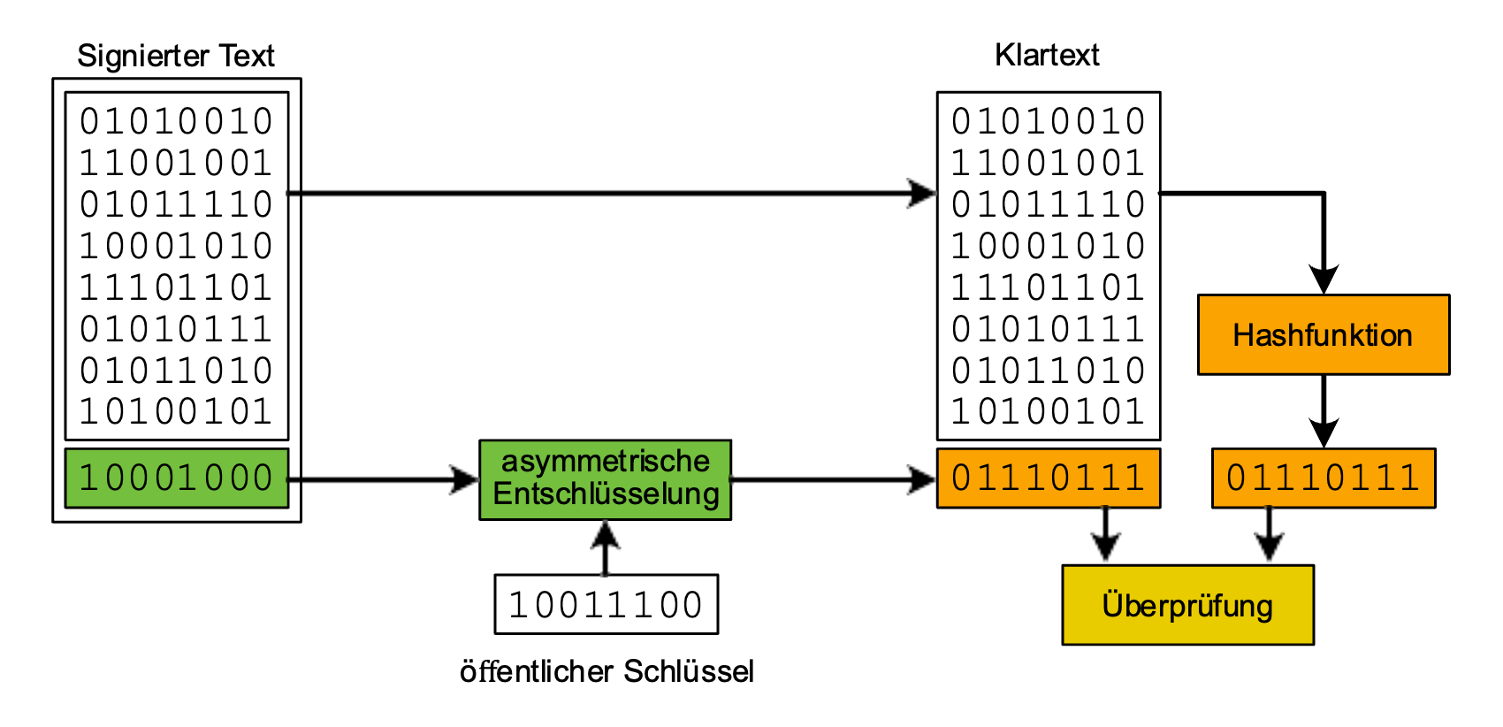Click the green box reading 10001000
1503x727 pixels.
click(177, 478)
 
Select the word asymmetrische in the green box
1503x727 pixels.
click(605, 461)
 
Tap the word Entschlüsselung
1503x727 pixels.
click(606, 494)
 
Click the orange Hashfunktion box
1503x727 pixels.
click(1323, 335)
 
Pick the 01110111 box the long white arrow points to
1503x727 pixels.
click(1048, 478)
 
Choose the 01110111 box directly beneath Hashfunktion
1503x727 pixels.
click(1323, 478)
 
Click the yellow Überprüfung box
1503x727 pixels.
click(1187, 606)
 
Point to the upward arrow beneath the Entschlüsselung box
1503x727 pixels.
click(605, 548)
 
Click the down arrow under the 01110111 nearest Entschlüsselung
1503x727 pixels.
click(1105, 535)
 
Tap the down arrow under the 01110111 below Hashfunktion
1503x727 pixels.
click(1269, 535)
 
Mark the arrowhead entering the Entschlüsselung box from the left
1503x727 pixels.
click(460, 479)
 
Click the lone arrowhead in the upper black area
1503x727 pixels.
click(918, 193)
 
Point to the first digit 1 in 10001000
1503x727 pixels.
click(88, 478)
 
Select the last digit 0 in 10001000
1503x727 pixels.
click(263, 478)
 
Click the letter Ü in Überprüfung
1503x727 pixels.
click(1113, 605)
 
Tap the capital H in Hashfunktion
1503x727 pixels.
click(1243, 335)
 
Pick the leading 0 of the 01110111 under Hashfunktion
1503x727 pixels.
click(1237, 478)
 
